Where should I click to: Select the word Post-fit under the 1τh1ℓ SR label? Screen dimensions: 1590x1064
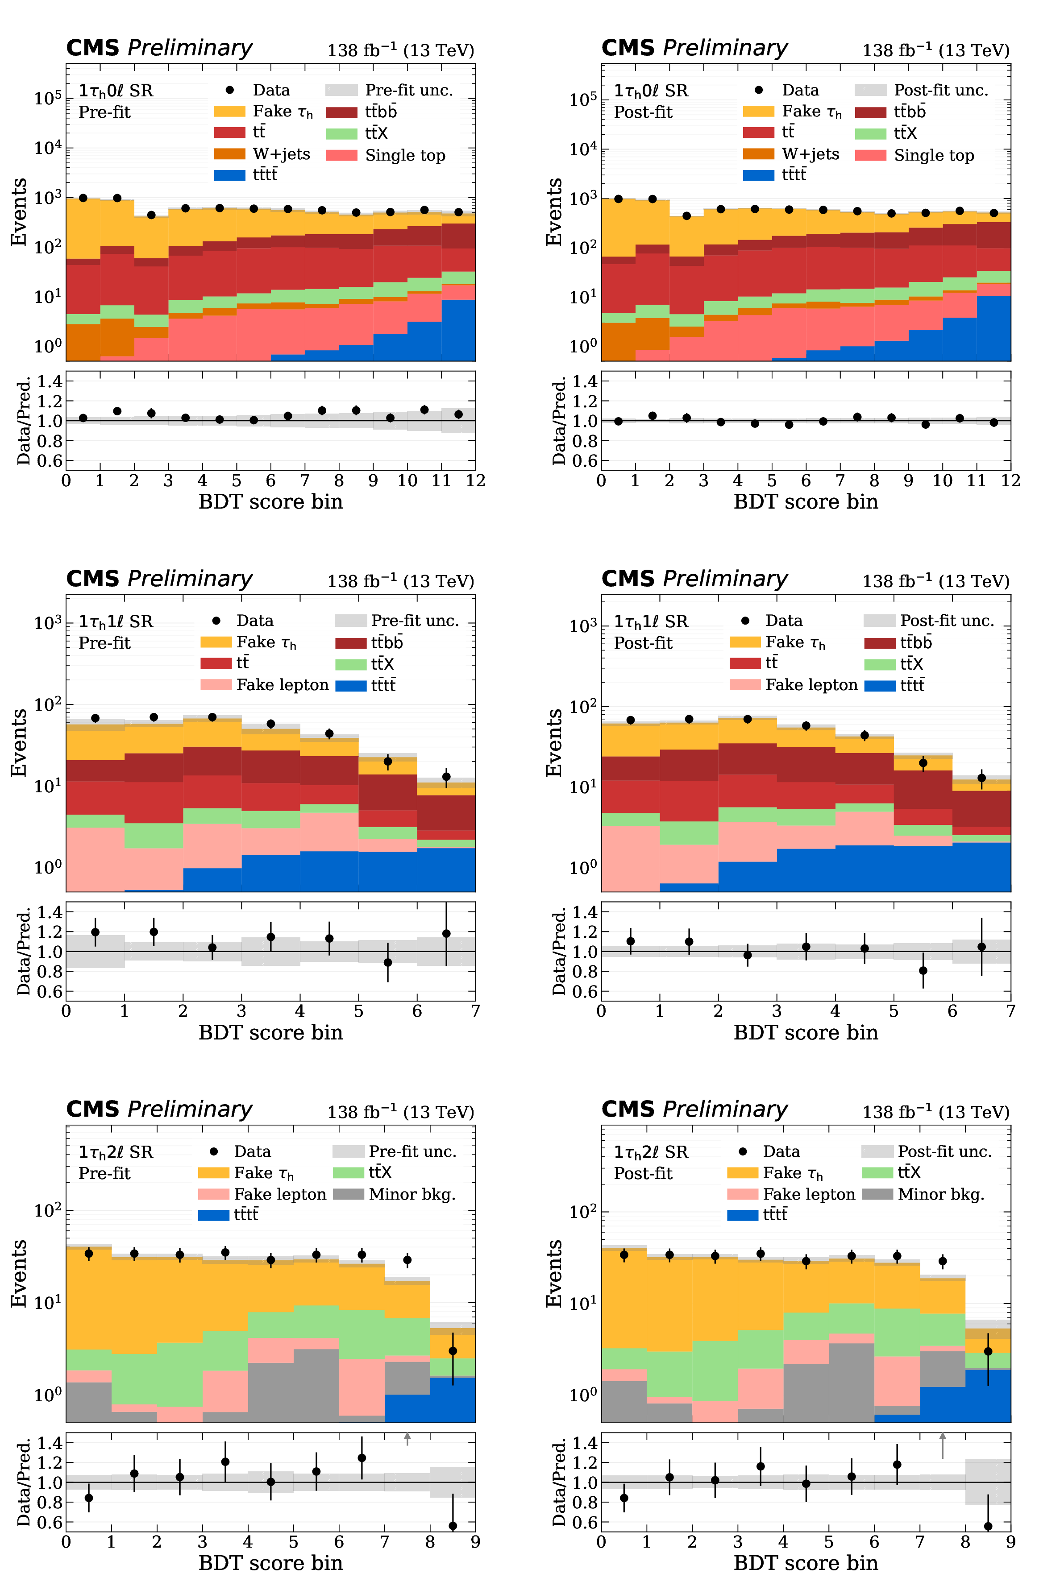coord(643,643)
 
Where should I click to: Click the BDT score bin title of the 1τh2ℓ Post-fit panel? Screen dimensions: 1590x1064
coord(806,1563)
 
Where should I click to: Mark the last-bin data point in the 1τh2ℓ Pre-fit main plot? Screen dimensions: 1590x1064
coord(453,1351)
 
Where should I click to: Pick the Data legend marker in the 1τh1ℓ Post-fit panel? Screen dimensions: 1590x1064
coord(745,621)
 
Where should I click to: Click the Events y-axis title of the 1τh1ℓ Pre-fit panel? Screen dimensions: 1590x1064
coord(19,743)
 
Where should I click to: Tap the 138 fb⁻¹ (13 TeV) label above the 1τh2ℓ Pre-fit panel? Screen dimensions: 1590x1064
coord(400,1113)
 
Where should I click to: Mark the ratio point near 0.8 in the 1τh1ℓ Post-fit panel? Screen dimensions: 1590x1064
coord(923,971)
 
